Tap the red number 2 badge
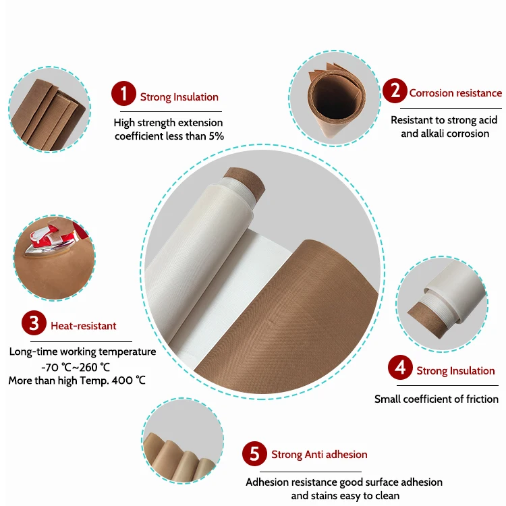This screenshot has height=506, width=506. coord(395,90)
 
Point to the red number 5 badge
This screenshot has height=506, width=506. coord(254,453)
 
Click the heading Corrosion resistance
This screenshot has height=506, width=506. coord(455,93)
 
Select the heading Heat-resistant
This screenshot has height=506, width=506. coord(84,326)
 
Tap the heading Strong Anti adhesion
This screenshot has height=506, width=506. coord(319,455)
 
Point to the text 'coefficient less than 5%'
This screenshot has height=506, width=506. coord(169,136)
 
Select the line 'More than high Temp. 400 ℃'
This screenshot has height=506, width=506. coord(77,381)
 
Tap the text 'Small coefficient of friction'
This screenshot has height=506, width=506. coord(437,399)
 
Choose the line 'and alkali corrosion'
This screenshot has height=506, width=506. coord(445,134)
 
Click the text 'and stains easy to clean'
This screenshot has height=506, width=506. coord(345,496)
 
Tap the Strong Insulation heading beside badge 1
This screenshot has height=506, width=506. coord(179,97)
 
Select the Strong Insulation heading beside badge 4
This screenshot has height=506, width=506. coord(455,370)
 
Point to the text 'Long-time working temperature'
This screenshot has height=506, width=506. coord(82,352)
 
